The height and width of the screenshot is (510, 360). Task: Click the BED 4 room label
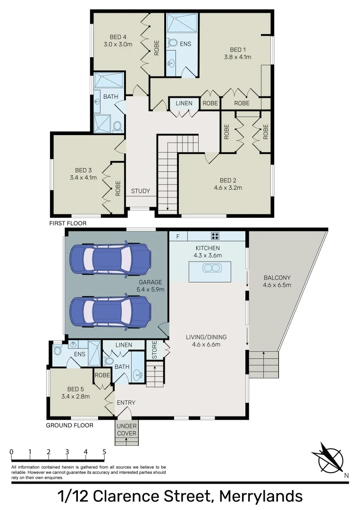(118, 37)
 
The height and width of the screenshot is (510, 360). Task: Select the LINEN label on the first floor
(183, 103)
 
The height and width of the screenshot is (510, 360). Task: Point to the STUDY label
(141, 191)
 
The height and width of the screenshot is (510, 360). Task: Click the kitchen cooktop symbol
(215, 236)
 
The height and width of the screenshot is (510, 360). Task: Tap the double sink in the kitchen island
(210, 268)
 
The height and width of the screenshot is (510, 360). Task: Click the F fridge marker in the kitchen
(178, 236)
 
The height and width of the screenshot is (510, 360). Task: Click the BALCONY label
(277, 278)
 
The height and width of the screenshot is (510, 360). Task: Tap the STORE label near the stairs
(152, 350)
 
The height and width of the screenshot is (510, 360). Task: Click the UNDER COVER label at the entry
(126, 430)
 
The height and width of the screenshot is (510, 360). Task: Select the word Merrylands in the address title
(261, 497)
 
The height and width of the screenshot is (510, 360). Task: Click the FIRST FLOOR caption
(68, 223)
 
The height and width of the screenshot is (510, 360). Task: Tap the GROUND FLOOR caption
(69, 425)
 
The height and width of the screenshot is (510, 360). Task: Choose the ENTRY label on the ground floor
(126, 403)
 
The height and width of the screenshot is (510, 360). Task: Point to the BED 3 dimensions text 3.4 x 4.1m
(80, 178)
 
